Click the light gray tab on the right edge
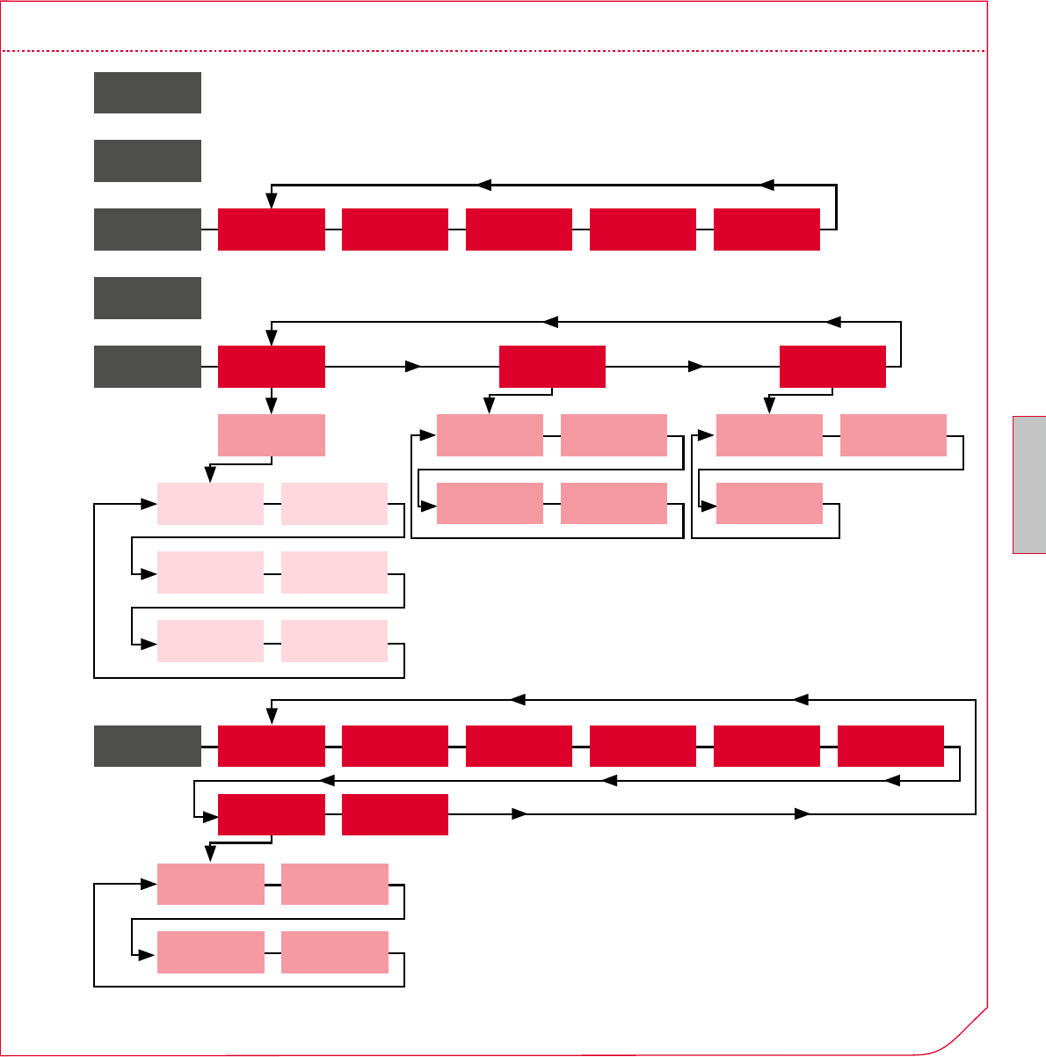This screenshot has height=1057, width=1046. tap(1029, 485)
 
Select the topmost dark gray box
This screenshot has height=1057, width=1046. tap(148, 92)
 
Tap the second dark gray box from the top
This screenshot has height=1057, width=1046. tap(148, 161)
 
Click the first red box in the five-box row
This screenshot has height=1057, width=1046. tap(272, 230)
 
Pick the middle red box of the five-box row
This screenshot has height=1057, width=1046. tap(519, 230)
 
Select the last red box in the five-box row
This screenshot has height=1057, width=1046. tap(766, 230)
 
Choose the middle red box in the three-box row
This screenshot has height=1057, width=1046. tap(552, 367)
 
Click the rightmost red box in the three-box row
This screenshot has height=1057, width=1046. tap(832, 367)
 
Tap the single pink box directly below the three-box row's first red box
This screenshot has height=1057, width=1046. tap(272, 435)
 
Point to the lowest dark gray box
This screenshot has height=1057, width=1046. tap(148, 747)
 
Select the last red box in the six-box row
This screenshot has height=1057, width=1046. tap(890, 747)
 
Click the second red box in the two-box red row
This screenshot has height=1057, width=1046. tap(395, 814)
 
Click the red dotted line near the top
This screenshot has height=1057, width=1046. tap(492, 51)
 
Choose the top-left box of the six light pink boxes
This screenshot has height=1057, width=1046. tap(210, 504)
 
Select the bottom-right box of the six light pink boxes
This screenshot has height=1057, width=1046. tap(334, 641)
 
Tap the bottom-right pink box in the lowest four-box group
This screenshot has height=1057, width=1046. tap(334, 952)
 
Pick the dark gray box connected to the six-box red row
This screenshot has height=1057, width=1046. tap(148, 747)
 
